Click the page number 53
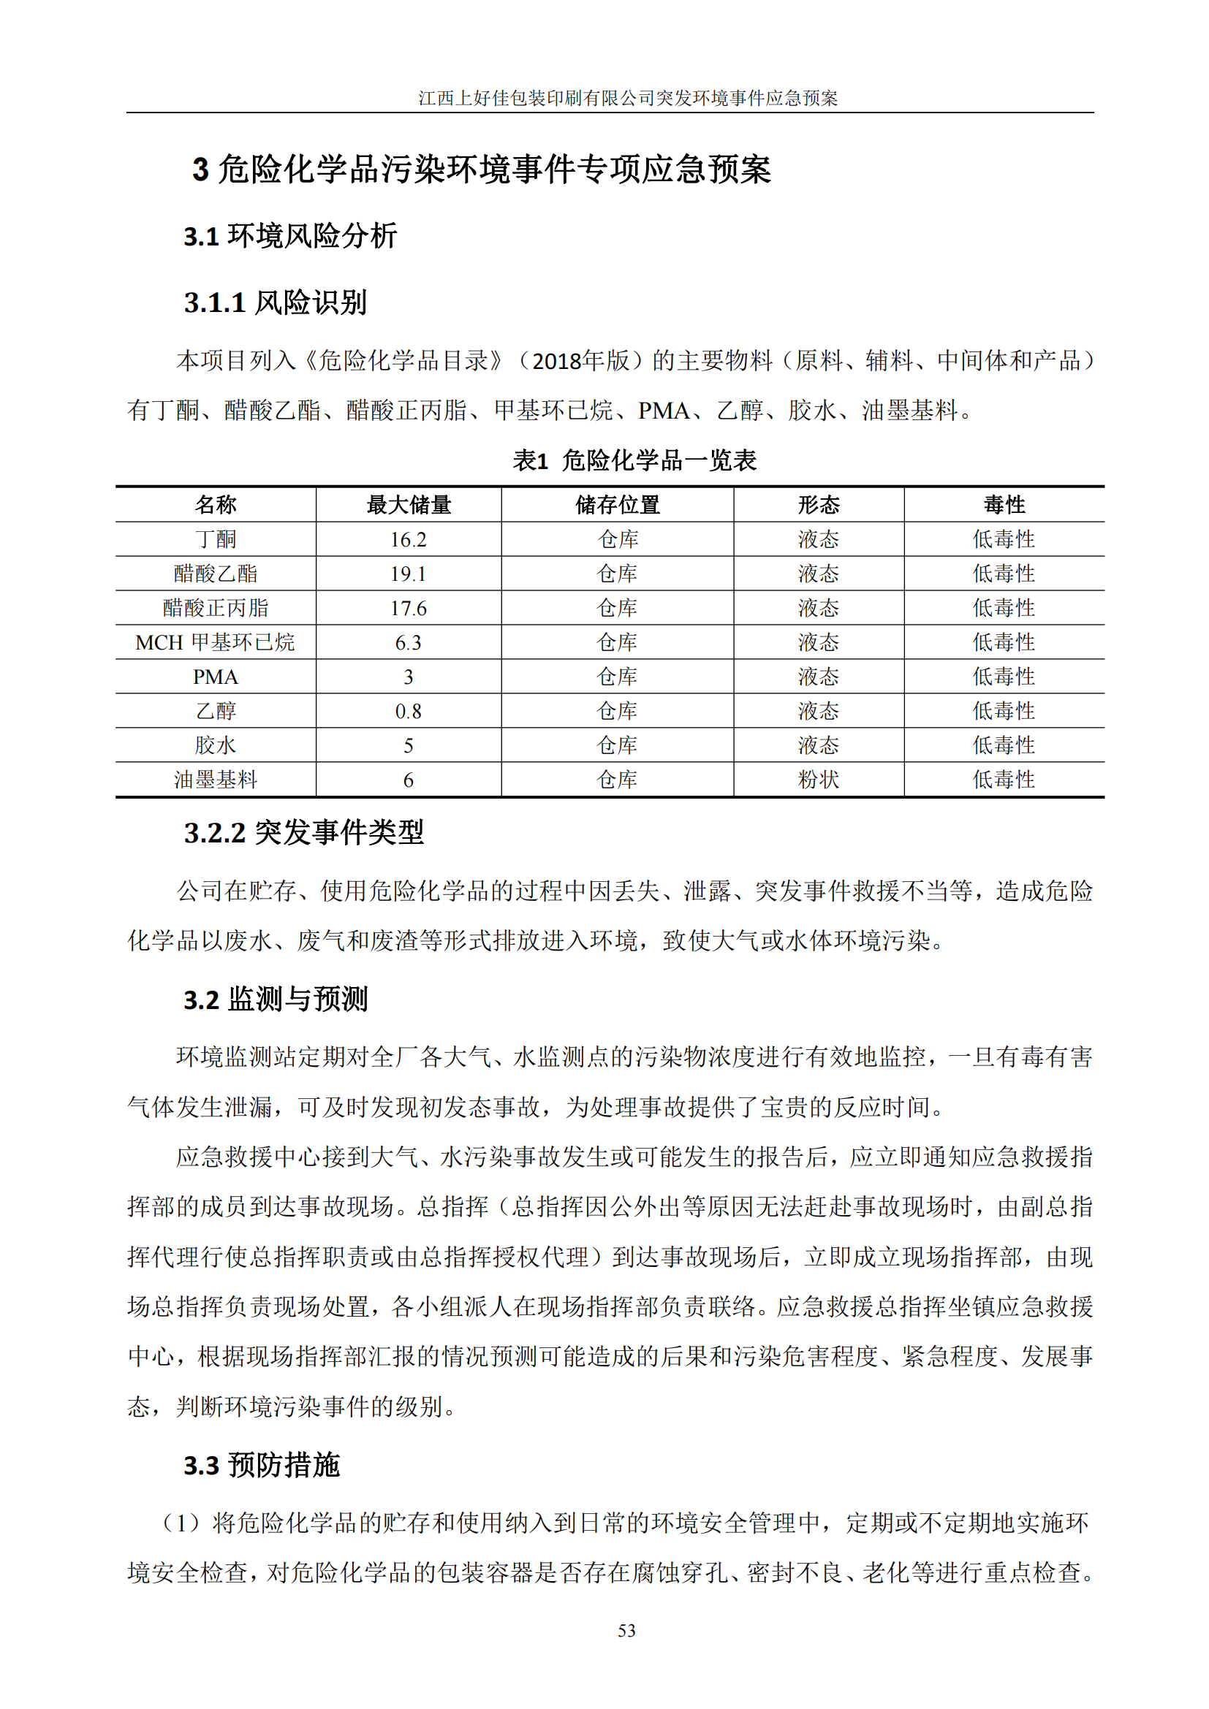[x=626, y=1631]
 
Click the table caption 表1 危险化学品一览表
[x=634, y=460]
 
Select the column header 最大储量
[x=409, y=505]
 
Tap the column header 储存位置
[x=617, y=505]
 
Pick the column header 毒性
[x=1004, y=505]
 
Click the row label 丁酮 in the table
[x=216, y=539]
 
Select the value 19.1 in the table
[x=409, y=573]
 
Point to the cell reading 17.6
[x=409, y=608]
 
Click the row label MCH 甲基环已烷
[x=215, y=642]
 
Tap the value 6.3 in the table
[x=409, y=642]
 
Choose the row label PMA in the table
[x=216, y=677]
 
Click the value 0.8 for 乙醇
[x=409, y=711]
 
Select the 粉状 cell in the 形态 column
[x=818, y=780]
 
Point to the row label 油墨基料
[x=216, y=780]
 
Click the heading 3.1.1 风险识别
[x=276, y=302]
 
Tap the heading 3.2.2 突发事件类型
[x=304, y=832]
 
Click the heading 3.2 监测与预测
[x=276, y=999]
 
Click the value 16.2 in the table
[x=409, y=539]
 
